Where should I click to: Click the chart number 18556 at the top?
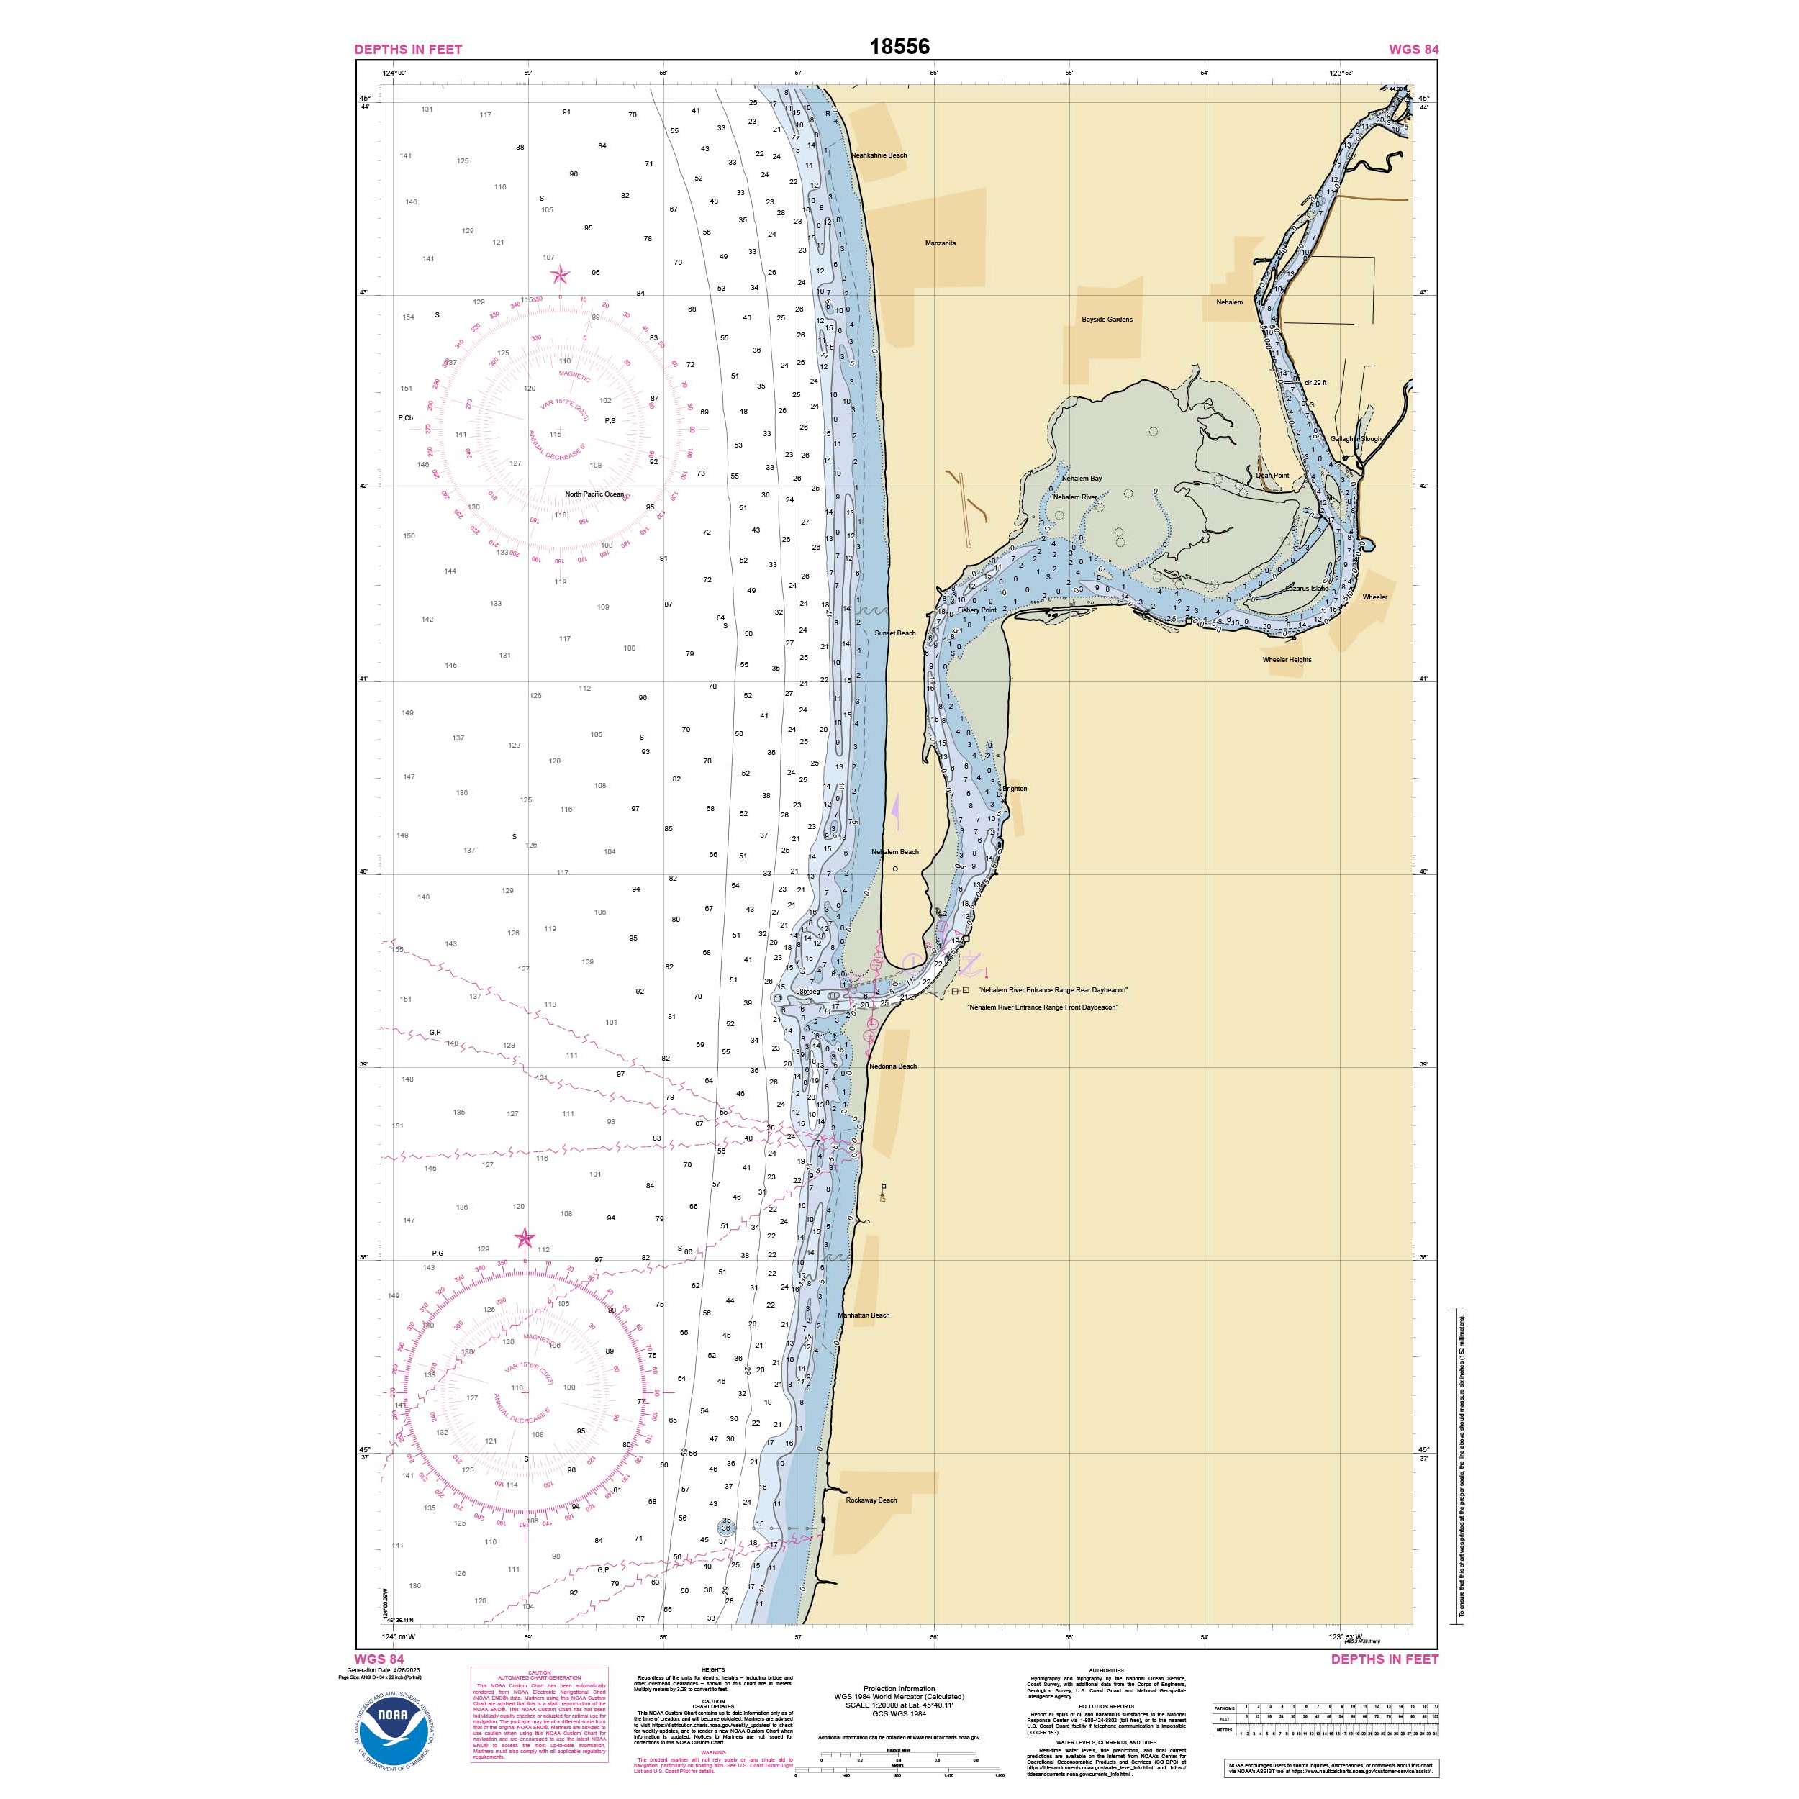click(899, 47)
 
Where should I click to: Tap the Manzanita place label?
click(940, 243)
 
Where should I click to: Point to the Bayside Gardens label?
click(1107, 320)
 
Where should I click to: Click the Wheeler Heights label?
click(1287, 659)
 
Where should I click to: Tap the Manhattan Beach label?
click(864, 1315)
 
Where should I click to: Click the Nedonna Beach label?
click(893, 1066)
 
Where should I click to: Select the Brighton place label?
click(1014, 789)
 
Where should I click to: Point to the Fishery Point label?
click(976, 611)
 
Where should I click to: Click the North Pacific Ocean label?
click(594, 494)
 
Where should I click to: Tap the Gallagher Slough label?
click(1356, 438)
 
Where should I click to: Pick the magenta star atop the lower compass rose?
click(525, 1238)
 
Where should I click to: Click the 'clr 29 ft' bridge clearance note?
click(1315, 383)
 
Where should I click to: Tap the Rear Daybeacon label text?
click(1052, 990)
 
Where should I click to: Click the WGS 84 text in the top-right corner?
click(1413, 50)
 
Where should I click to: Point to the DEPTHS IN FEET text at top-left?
click(408, 50)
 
